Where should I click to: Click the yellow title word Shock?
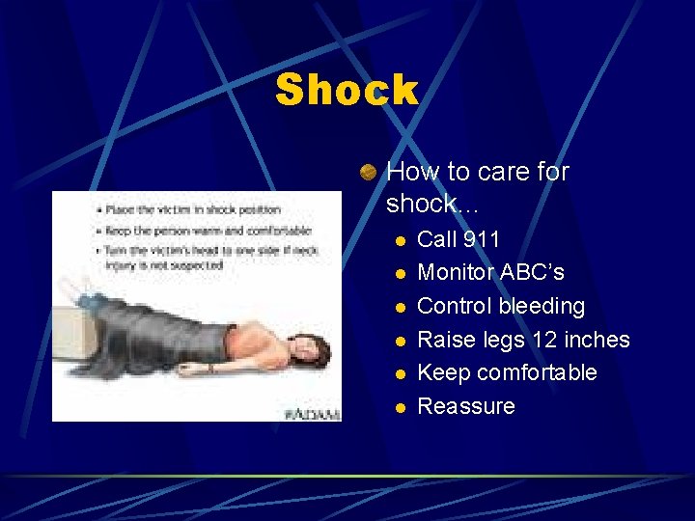click(347, 91)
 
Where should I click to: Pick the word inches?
click(598, 340)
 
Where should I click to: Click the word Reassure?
click(465, 406)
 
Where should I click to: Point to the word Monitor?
click(455, 273)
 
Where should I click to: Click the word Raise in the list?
click(447, 340)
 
